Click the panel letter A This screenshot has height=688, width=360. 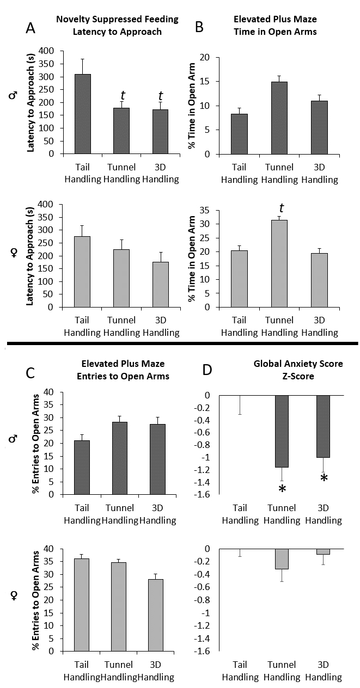click(x=32, y=28)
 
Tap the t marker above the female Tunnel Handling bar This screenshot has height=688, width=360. click(x=281, y=208)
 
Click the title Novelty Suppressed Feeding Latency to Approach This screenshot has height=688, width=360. click(x=117, y=25)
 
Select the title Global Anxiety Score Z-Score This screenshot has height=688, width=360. click(x=298, y=370)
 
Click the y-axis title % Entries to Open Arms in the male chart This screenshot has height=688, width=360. click(x=36, y=443)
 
